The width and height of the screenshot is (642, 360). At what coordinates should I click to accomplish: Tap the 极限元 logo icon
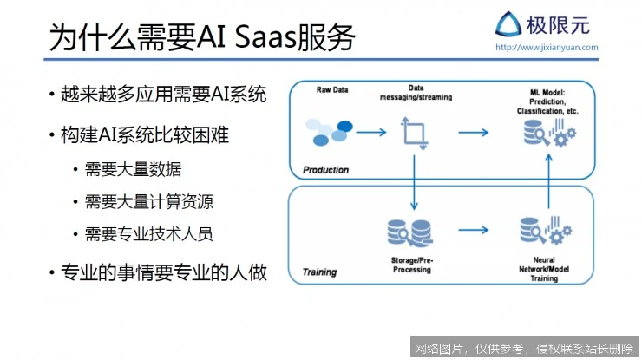[508, 23]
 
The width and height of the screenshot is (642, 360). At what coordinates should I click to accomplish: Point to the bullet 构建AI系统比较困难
[144, 135]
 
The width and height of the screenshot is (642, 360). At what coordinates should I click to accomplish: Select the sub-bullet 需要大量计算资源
[148, 202]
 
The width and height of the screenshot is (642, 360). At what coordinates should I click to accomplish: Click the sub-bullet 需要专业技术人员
[148, 234]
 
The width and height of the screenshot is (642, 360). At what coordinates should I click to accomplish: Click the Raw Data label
[331, 90]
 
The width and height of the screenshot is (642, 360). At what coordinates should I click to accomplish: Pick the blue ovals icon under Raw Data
[331, 133]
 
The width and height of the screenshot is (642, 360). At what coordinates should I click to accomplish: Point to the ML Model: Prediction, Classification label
[547, 101]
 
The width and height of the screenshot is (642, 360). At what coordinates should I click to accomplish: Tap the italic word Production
[325, 169]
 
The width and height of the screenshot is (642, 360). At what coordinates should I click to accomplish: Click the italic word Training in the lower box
[319, 272]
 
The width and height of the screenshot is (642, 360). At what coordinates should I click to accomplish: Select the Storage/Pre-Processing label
[411, 265]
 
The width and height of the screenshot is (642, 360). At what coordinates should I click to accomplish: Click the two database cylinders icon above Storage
[411, 232]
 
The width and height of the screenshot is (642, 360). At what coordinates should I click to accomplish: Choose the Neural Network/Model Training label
[544, 269]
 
